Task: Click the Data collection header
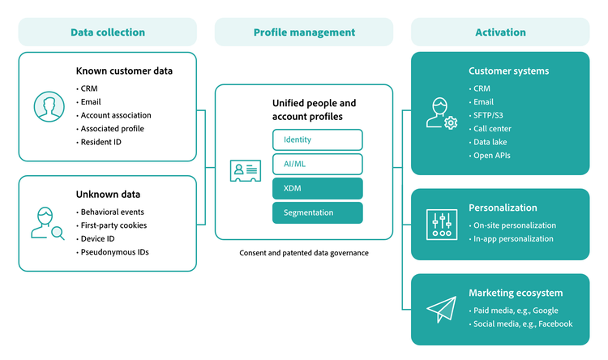[107, 32]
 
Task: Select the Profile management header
[304, 32]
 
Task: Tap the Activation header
[500, 32]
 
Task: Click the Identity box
[317, 139]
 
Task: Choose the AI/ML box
[317, 164]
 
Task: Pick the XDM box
[317, 188]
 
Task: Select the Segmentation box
[317, 212]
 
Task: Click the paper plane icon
[442, 310]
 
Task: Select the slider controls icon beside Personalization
[442, 225]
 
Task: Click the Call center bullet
[491, 128]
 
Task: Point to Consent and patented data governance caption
[304, 253]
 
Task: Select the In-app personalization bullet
[512, 238]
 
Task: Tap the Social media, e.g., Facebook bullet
[522, 324]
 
